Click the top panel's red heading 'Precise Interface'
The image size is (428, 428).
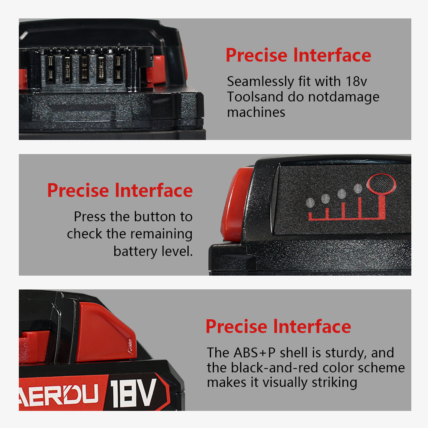[x=298, y=55]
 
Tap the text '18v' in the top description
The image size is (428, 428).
[x=356, y=81]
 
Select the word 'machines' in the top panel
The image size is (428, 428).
[x=256, y=112]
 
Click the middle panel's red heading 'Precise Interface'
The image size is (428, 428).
[x=120, y=190]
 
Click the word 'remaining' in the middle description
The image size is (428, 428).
[x=161, y=235]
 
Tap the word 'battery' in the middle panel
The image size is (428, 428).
[x=135, y=252]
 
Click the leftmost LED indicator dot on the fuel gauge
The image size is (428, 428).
[x=310, y=203]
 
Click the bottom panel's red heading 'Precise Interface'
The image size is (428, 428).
[x=278, y=327]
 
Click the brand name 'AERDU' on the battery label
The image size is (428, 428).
[x=59, y=394]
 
